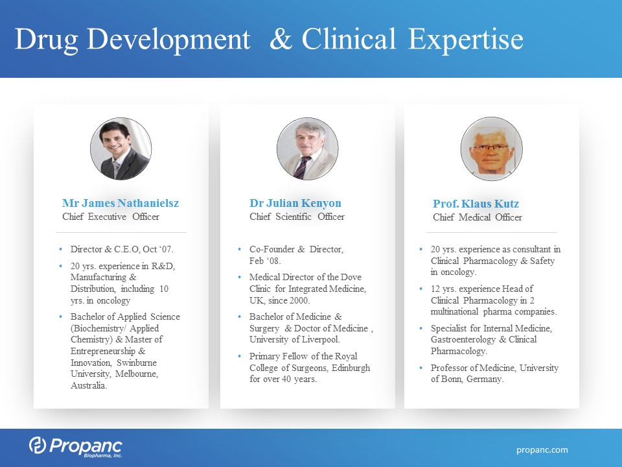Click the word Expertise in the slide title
point(466,40)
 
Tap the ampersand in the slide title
point(281,39)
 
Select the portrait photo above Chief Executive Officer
point(121,149)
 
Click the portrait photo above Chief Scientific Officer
point(307,149)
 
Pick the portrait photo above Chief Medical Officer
point(492,149)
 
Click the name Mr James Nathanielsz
point(121,203)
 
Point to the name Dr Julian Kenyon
point(295,203)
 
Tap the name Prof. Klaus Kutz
point(476,204)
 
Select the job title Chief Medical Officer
point(478,217)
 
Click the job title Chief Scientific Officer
point(297,217)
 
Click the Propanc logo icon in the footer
point(38,445)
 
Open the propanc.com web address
point(542,450)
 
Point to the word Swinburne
point(137,363)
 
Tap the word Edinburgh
point(351,368)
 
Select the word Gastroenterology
point(463,339)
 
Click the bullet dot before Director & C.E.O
point(61,249)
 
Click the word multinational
point(454,312)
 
